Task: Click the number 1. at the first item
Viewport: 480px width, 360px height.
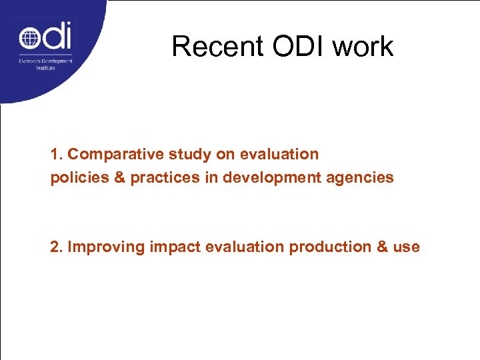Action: (57, 155)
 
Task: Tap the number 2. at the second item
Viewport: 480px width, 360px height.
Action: (57, 247)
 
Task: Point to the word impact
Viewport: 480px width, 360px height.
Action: (175, 247)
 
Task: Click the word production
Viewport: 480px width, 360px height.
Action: (329, 247)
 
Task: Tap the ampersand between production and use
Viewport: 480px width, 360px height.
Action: (383, 247)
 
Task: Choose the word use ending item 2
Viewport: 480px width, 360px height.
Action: (407, 247)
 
